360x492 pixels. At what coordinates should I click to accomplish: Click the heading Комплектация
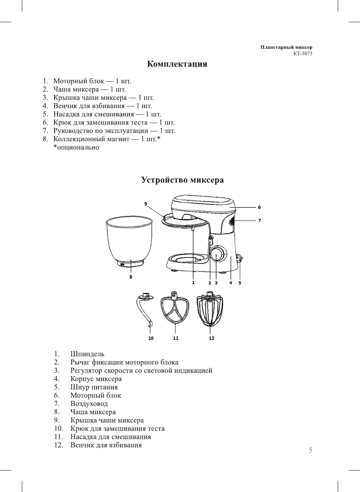pyautogui.click(x=177, y=64)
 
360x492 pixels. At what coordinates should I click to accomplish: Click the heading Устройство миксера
pyautogui.click(x=182, y=180)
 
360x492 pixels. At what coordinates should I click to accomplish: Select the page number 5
pyautogui.click(x=310, y=450)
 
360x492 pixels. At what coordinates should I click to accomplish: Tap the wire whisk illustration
pyautogui.click(x=210, y=311)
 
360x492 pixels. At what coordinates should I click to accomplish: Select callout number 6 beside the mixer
pyautogui.click(x=259, y=207)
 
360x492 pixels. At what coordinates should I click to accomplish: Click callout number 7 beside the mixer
pyautogui.click(x=259, y=221)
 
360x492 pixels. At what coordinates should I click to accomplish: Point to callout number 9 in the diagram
pyautogui.click(x=146, y=204)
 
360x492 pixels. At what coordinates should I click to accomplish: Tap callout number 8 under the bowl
pyautogui.click(x=131, y=277)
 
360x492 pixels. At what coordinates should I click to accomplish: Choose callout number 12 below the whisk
pyautogui.click(x=211, y=338)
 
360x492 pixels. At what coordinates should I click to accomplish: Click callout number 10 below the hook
pyautogui.click(x=151, y=338)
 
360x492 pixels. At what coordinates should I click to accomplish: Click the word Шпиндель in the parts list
pyautogui.click(x=87, y=354)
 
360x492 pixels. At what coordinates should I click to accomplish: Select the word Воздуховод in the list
pyautogui.click(x=89, y=404)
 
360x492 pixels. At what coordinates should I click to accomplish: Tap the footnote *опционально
pyautogui.click(x=76, y=148)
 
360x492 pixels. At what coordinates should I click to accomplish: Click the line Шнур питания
pyautogui.click(x=94, y=387)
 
